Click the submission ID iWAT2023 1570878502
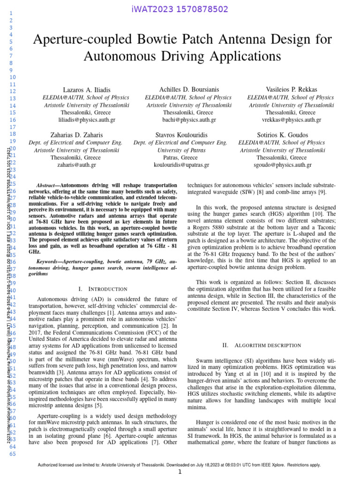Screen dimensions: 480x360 coord(180,9)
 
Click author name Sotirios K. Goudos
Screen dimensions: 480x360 coord(282,135)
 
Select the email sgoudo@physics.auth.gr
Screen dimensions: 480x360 coord(282,165)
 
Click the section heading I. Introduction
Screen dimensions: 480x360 coord(104,289)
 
